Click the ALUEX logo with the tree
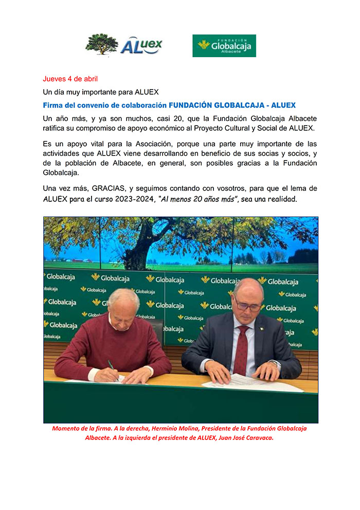tap(123, 45)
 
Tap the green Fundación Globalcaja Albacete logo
tap(224, 45)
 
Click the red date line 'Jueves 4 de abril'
tap(70, 79)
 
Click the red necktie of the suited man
tap(241, 349)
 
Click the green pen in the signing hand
tap(111, 365)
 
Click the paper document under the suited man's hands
tap(252, 383)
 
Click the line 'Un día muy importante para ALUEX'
tap(100, 92)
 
